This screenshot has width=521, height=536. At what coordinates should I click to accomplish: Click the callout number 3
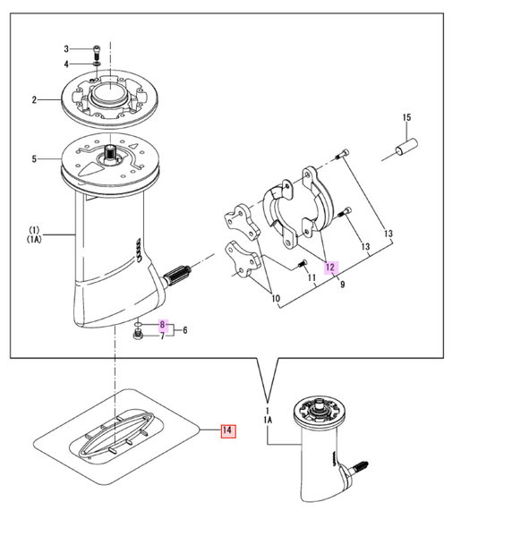(x=65, y=48)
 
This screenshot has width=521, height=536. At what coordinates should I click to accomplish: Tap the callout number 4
(x=65, y=64)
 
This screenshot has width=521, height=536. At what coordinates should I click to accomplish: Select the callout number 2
(x=34, y=100)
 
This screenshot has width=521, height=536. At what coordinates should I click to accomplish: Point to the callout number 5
(x=34, y=160)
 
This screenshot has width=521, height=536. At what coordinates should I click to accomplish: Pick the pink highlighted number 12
(x=329, y=267)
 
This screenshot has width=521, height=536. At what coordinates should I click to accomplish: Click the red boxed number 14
(x=227, y=431)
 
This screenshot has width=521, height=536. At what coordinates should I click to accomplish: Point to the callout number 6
(x=184, y=330)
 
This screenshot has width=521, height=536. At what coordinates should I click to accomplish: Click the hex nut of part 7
(x=137, y=336)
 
